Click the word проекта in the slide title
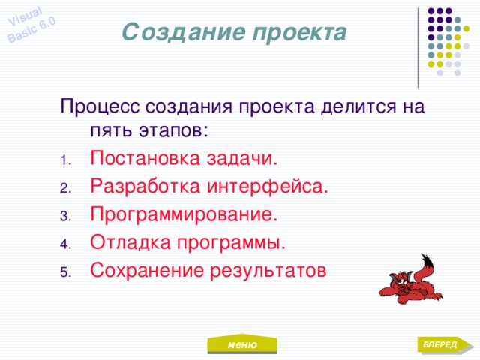pyautogui.click(x=298, y=33)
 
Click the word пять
pyautogui.click(x=109, y=131)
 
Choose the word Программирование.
pyautogui.click(x=184, y=214)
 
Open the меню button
pyautogui.click(x=242, y=344)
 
